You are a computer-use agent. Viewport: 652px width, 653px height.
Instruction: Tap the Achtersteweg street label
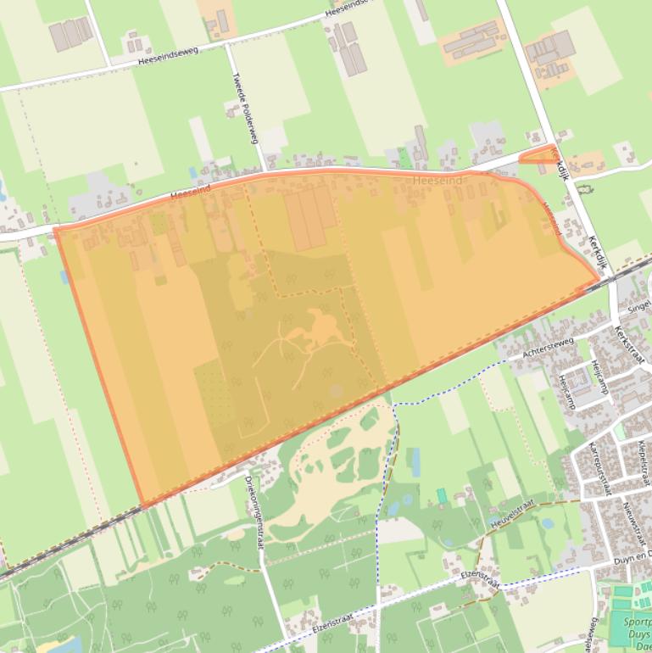pos(549,348)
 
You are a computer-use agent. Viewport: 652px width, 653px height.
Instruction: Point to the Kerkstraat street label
pos(629,345)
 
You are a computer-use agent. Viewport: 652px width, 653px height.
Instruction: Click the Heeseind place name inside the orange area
pos(438,181)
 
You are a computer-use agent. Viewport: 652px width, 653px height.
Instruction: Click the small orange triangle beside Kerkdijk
pos(537,155)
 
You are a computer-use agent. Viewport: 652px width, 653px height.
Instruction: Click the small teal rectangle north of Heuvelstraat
pos(441,495)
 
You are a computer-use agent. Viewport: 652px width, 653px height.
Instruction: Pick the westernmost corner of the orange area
pos(54,228)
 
